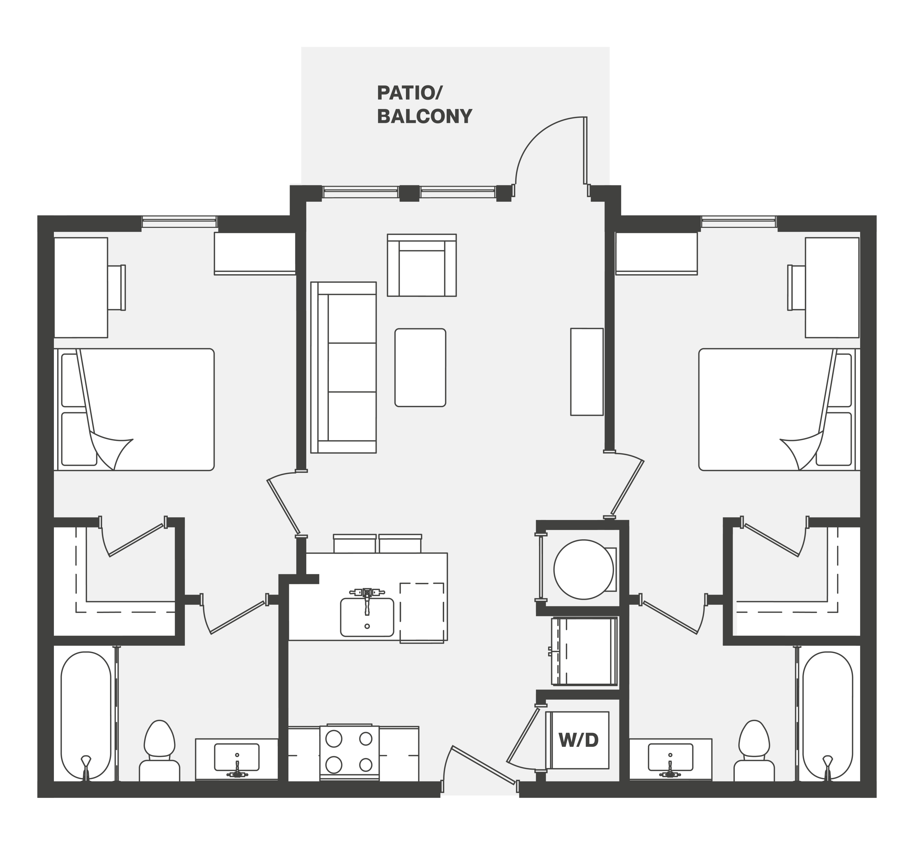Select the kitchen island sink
tap(367, 616)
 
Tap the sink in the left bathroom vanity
tap(237, 757)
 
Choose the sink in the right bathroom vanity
tap(670, 757)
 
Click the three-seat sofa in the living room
tap(343, 368)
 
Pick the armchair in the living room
tap(422, 265)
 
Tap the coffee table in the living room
tap(420, 368)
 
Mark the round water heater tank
tap(583, 570)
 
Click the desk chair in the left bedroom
tap(116, 288)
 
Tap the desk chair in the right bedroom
tap(797, 288)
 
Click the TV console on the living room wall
tap(587, 372)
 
